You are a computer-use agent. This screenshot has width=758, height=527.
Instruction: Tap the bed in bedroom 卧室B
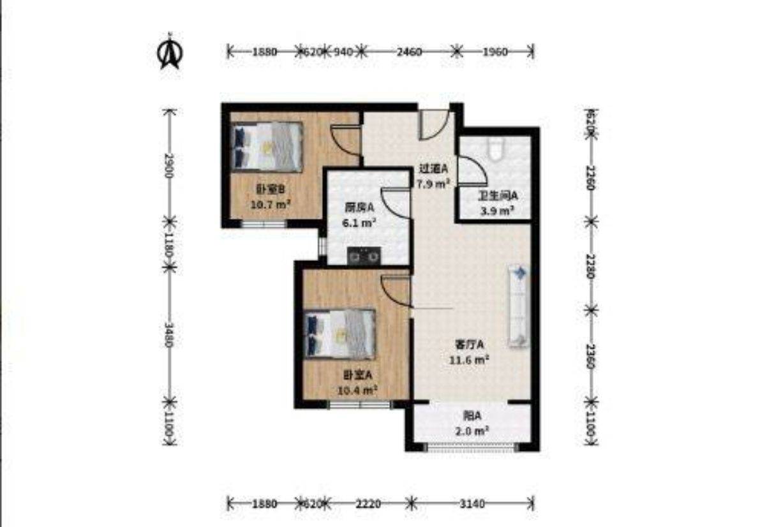coord(267,146)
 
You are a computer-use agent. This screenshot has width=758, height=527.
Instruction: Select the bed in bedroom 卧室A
coord(339,334)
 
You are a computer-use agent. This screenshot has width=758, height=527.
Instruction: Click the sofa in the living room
coord(518,306)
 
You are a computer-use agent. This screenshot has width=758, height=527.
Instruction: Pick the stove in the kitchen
coord(364,256)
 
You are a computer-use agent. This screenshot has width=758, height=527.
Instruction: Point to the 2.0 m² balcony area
coord(472,431)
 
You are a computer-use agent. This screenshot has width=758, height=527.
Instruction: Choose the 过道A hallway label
coord(433,169)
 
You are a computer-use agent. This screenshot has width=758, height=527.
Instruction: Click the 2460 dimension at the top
coord(409,52)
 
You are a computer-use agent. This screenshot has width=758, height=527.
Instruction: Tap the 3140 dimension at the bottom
coord(472,504)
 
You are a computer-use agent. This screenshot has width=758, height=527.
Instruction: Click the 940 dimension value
coord(343,52)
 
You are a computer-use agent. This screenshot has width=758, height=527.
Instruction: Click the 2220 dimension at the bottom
coord(368,504)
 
